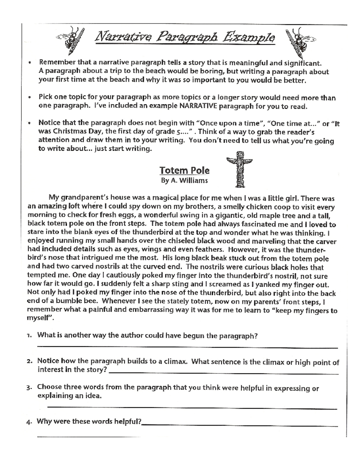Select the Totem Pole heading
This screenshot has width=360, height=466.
(x=184, y=170)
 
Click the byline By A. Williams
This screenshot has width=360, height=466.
(x=184, y=181)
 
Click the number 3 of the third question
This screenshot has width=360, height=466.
(x=29, y=387)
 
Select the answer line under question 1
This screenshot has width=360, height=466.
(x=187, y=347)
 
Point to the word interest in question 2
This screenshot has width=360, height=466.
(x=50, y=370)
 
